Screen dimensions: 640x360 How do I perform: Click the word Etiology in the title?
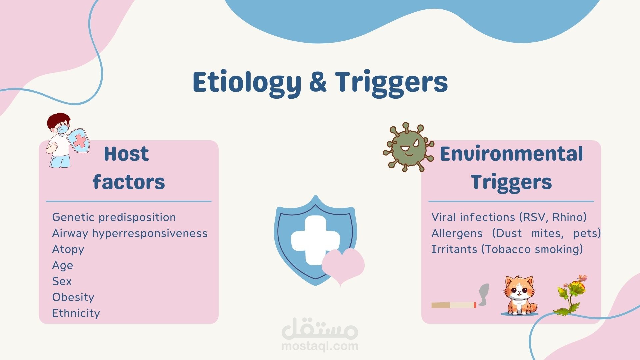pos(247,83)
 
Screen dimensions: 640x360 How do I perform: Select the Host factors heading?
pos(128,168)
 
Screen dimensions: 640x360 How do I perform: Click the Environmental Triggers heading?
pos(511,168)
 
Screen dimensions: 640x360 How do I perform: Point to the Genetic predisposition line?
pos(114,217)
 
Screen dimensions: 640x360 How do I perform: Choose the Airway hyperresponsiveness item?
pos(130,233)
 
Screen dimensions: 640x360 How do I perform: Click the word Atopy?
pos(68,249)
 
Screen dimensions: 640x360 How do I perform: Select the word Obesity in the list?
pos(73,297)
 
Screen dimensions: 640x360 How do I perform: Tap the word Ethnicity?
pos(76,313)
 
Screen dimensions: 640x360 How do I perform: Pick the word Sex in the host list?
pos(62,281)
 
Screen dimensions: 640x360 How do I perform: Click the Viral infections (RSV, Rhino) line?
pos(509,217)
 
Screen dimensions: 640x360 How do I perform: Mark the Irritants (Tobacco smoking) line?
pos(507,249)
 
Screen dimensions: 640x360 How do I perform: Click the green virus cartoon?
pos(408,147)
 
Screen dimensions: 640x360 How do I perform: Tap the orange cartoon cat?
pos(519,295)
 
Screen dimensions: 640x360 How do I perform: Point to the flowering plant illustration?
pos(571,295)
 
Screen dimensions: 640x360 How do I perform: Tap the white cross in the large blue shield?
pos(315,240)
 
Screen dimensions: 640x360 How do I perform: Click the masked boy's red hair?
pos(58,120)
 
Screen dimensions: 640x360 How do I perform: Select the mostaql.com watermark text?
pos(320,346)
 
